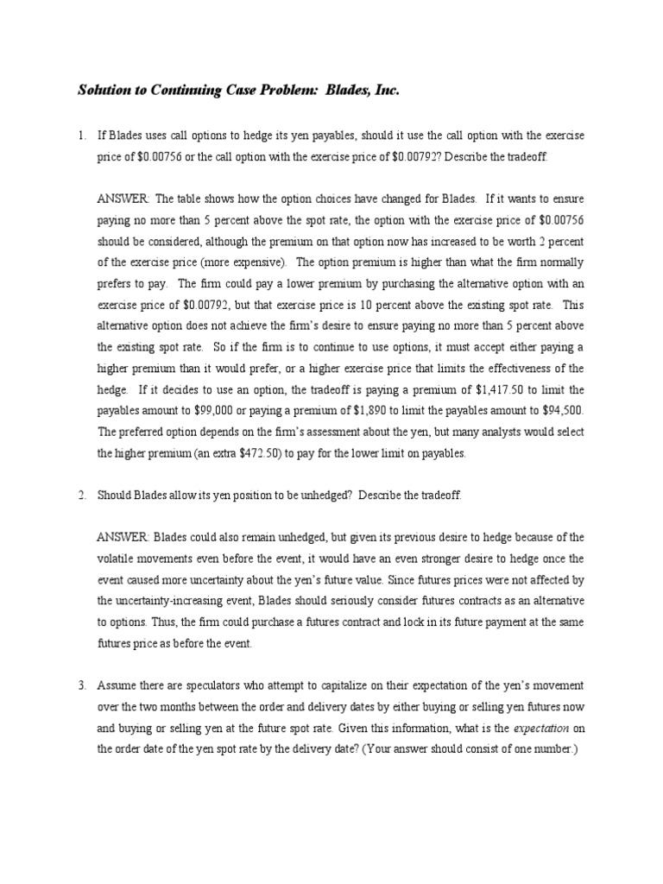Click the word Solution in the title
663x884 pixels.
pyautogui.click(x=104, y=90)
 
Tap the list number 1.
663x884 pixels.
pyautogui.click(x=81, y=136)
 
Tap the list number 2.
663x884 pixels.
pyautogui.click(x=81, y=496)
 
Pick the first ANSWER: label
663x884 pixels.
pyautogui.click(x=123, y=199)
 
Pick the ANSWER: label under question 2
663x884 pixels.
pyautogui.click(x=123, y=537)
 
